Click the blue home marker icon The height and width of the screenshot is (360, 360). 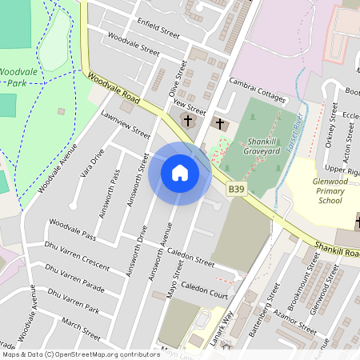[x=180, y=172]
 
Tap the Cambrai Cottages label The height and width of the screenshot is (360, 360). [x=258, y=90]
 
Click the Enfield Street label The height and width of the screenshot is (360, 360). [x=158, y=28]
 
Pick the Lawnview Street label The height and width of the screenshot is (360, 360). [x=126, y=124]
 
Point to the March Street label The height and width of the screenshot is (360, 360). [x=81, y=328]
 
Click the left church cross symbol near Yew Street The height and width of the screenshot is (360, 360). [x=188, y=121]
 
